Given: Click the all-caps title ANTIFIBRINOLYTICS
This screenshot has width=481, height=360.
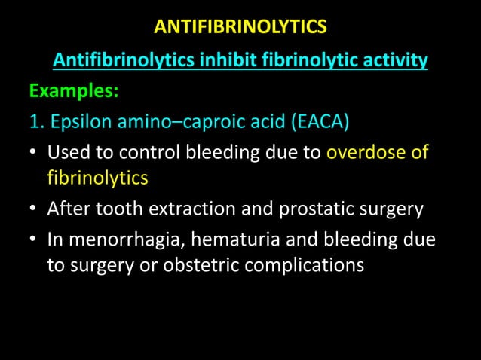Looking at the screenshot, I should [240, 28].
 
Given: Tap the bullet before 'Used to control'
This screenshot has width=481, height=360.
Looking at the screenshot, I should [33, 154].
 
